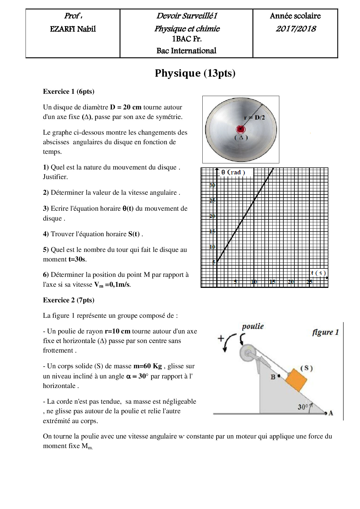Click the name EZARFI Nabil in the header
(x=73, y=29)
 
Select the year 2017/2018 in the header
(x=296, y=29)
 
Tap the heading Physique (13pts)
(x=195, y=73)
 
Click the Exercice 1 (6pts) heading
(x=69, y=91)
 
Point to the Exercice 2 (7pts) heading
(x=69, y=300)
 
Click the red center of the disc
(x=241, y=129)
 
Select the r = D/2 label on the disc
(x=254, y=118)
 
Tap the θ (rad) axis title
(x=233, y=172)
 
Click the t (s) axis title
(x=318, y=273)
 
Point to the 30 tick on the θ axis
(x=212, y=185)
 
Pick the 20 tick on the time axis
(x=291, y=282)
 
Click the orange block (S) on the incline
(x=296, y=380)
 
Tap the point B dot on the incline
(x=279, y=376)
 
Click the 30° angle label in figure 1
(x=303, y=407)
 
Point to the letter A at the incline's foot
(x=331, y=413)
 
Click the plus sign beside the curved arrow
(x=221, y=338)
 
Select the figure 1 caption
(x=325, y=332)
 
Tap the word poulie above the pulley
(x=253, y=326)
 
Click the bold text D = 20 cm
(x=125, y=107)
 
